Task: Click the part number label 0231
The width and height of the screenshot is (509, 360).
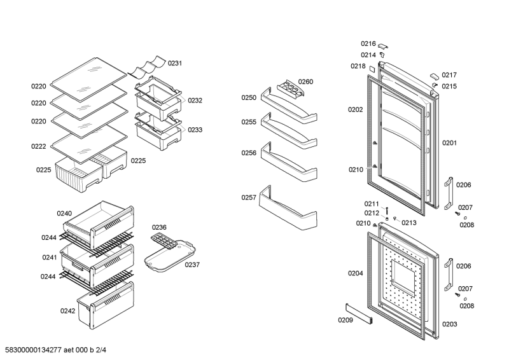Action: (x=175, y=63)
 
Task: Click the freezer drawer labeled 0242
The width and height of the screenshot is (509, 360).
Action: (x=104, y=308)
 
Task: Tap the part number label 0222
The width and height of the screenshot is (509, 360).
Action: (x=39, y=147)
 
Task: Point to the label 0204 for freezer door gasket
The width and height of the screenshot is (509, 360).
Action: (x=355, y=273)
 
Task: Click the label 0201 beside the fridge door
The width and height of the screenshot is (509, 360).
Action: (x=450, y=143)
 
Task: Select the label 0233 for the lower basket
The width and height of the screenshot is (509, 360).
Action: (x=195, y=130)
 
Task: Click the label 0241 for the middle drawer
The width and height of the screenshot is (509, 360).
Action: (x=50, y=258)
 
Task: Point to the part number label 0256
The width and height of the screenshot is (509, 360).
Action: (x=249, y=153)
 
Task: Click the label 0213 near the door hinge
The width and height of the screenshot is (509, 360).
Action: (x=409, y=223)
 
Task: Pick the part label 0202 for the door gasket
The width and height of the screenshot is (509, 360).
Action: (x=355, y=109)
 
